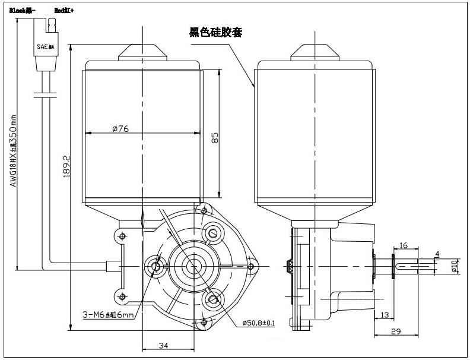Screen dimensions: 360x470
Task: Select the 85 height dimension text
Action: [215, 137]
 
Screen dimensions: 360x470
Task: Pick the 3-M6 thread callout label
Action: [107, 314]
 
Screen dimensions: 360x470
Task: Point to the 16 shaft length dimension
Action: [404, 245]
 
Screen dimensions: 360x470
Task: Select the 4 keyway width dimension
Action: [437, 255]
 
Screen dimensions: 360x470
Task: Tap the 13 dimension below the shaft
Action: [385, 314]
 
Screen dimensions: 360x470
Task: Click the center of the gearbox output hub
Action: [191, 266]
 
